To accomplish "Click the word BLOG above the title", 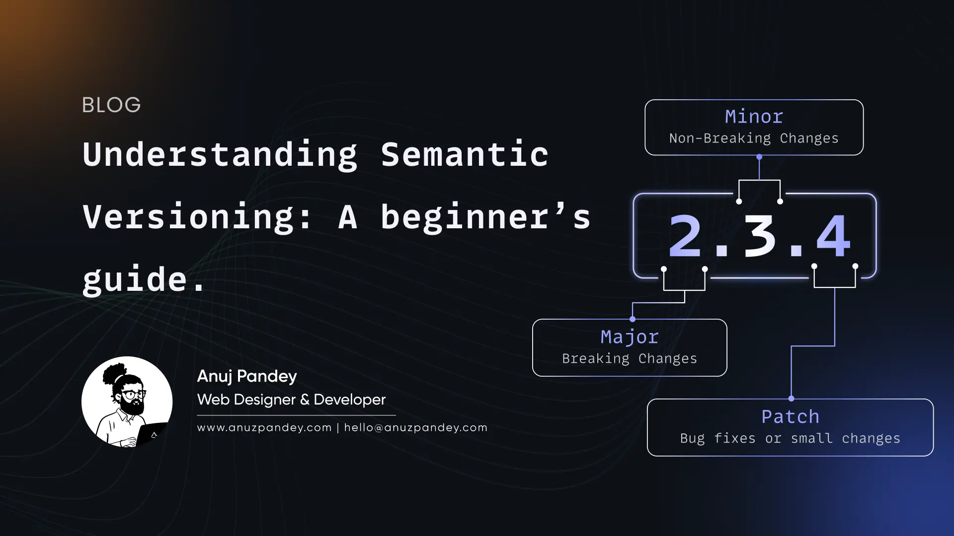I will (111, 105).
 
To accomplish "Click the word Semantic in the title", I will (465, 154).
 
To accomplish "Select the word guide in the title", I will (134, 279).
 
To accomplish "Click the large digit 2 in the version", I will (685, 237).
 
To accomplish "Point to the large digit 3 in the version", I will (759, 237).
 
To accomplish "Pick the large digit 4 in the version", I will (833, 237).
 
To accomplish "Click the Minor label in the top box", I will (754, 117).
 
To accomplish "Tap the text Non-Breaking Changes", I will (754, 138).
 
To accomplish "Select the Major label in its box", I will (630, 337).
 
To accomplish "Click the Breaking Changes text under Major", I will (630, 358).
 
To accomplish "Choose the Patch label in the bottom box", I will (790, 417).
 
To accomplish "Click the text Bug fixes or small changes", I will (790, 438).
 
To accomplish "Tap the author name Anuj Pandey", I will (247, 376).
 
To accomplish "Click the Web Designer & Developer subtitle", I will (291, 400).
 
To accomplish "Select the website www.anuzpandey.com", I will (264, 428).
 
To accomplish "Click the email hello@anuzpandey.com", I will (415, 428).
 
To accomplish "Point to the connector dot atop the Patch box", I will (791, 399).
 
